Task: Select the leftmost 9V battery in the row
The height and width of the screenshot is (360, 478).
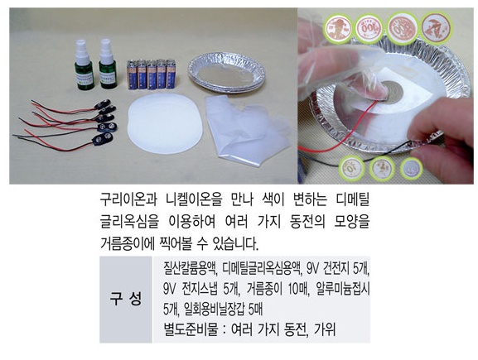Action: tap(132, 74)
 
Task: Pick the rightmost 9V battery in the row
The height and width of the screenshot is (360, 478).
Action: tap(171, 74)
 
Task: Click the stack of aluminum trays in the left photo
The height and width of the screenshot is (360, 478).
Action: tap(226, 73)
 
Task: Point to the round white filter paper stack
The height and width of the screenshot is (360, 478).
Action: tap(165, 124)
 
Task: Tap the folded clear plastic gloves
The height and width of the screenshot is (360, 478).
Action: tap(248, 129)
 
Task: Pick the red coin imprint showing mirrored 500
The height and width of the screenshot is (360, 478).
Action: tap(402, 28)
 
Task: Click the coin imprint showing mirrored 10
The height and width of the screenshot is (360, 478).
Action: tap(352, 168)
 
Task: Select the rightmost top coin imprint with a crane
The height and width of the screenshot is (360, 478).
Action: tap(436, 28)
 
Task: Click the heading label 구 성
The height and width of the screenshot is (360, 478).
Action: tap(126, 299)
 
